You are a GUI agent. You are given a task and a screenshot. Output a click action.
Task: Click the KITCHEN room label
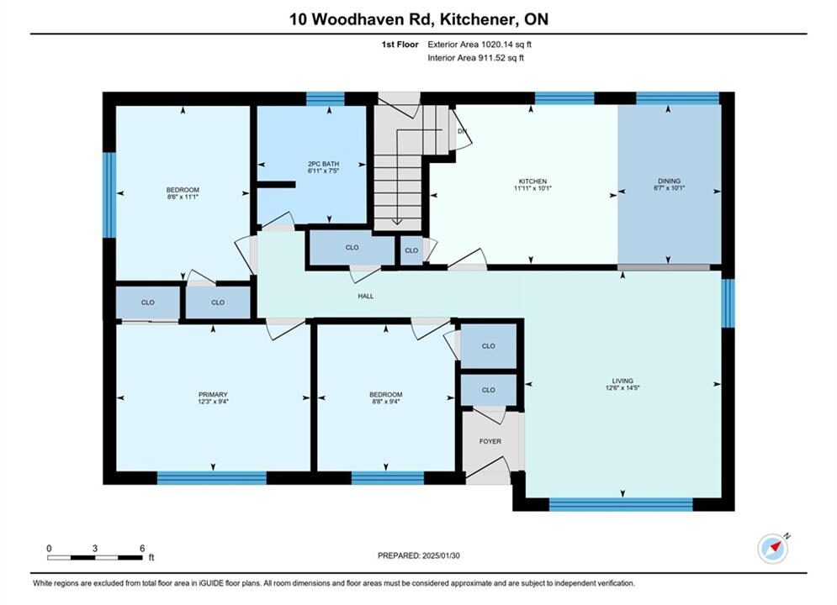[532, 181]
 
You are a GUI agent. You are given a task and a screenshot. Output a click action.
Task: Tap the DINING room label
[669, 181]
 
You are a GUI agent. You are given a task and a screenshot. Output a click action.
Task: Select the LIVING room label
[622, 381]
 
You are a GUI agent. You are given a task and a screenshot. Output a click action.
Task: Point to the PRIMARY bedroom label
[213, 394]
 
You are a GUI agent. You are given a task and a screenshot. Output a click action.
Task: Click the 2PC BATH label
[324, 164]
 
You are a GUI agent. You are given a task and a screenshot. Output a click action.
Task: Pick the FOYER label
[490, 441]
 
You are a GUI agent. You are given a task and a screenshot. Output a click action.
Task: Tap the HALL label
[366, 296]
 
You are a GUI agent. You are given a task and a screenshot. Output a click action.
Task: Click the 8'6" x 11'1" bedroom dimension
[183, 197]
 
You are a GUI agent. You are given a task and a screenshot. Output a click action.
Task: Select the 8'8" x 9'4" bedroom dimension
[386, 402]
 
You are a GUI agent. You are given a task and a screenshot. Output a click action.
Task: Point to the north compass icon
[773, 548]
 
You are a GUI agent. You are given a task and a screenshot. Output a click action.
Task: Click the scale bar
[94, 558]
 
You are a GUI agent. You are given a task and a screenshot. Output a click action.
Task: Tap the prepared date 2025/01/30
[441, 555]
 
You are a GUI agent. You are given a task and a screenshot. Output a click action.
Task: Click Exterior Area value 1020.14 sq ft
[506, 45]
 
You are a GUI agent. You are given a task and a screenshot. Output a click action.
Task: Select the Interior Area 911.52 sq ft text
[475, 58]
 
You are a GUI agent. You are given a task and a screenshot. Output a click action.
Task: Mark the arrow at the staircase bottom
[397, 221]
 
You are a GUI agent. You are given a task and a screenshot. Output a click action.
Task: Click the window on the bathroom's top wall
[325, 98]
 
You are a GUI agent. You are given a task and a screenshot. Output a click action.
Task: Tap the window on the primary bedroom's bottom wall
[212, 477]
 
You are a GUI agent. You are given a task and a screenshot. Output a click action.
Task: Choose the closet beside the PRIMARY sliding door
[148, 302]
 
